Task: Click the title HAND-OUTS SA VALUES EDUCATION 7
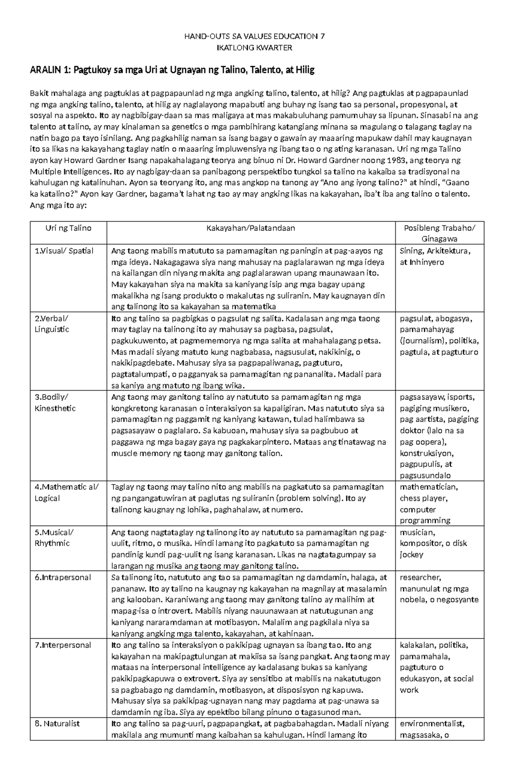point(255,36)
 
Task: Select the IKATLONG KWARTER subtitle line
point(255,48)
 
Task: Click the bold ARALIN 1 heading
point(172,70)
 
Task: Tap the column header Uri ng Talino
point(68,228)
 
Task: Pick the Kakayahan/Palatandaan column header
point(251,228)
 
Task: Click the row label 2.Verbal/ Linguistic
point(52,324)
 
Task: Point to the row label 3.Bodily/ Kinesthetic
point(55,402)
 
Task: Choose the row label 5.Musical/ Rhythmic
point(54,538)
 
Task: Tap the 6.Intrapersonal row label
point(63,577)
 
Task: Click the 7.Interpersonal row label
point(63,645)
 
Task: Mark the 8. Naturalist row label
point(57,724)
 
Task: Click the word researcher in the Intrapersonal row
point(420,577)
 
